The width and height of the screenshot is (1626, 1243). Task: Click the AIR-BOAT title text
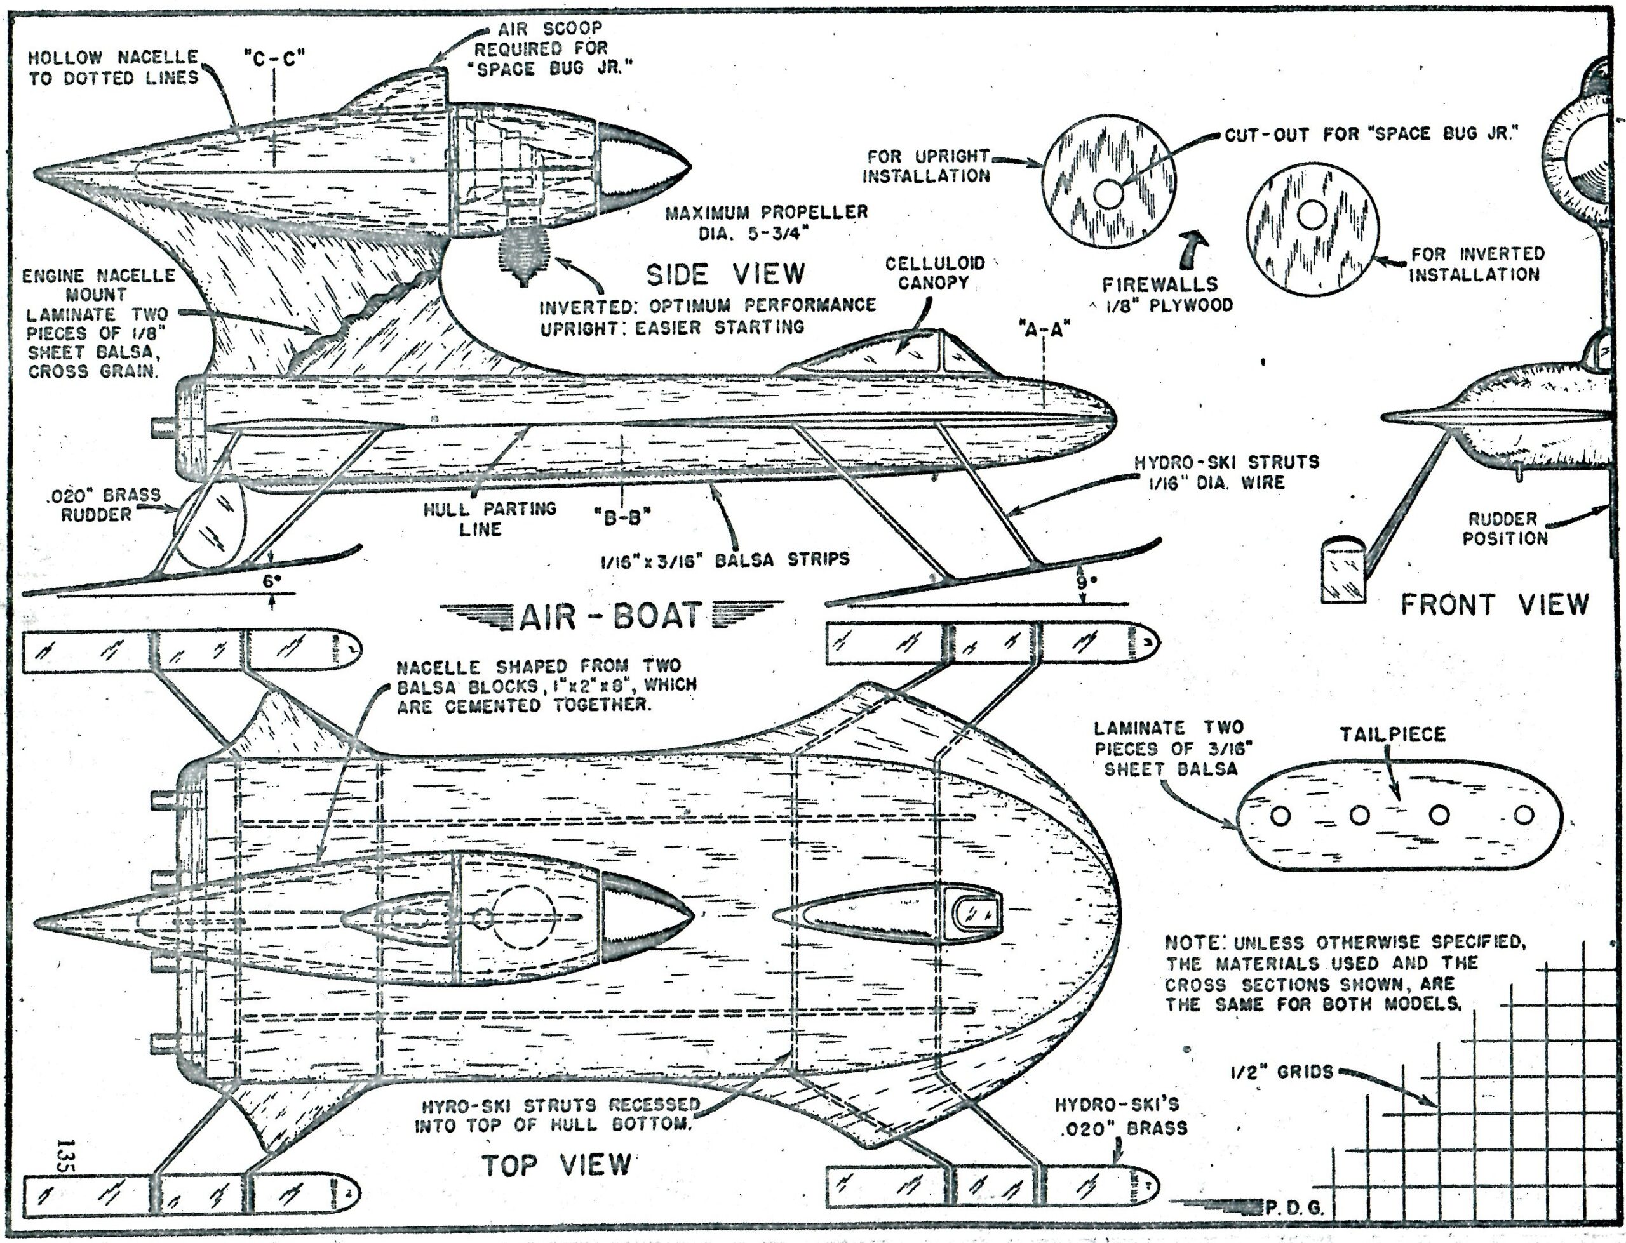tap(610, 616)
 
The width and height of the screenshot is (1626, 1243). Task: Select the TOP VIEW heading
tap(556, 1166)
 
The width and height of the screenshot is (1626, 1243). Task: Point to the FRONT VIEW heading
tap(1495, 604)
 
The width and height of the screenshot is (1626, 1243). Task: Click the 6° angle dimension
tap(272, 581)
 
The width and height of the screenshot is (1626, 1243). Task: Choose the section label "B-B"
tap(622, 518)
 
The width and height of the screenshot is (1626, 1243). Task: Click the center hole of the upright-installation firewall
tap(1107, 195)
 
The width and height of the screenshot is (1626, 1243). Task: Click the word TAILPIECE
tap(1392, 734)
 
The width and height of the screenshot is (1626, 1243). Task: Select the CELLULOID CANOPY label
tap(935, 273)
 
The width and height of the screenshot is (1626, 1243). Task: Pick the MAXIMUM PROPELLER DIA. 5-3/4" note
tap(766, 223)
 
